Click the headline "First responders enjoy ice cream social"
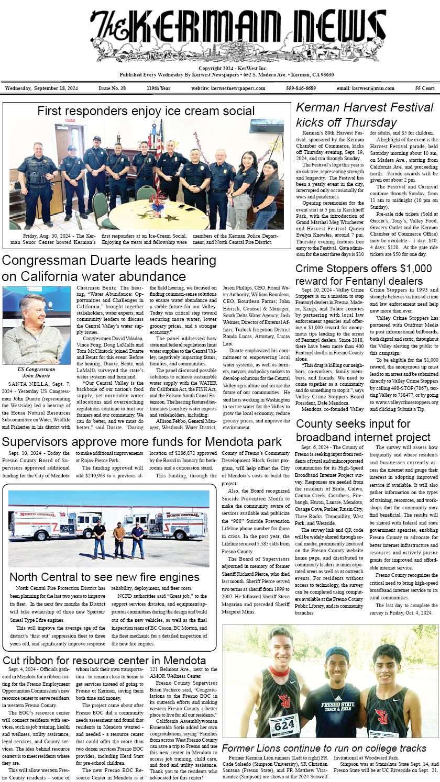coord(146,111)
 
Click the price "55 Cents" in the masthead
coord(424,88)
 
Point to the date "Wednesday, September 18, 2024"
coord(41,88)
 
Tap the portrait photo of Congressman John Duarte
coord(37,325)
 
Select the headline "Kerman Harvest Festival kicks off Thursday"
coord(365,115)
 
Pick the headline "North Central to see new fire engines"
coord(104,577)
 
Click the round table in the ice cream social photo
coord(151,215)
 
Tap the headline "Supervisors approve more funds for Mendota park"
coord(141,442)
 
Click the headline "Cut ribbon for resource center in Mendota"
coord(104,661)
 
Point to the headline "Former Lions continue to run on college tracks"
coord(324,748)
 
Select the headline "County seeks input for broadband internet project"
coord(363,430)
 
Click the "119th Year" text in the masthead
coord(158,88)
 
